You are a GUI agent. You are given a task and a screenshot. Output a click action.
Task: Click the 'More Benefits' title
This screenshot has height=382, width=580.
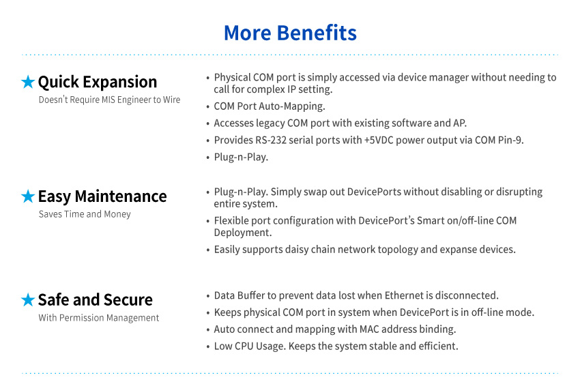[x=291, y=33]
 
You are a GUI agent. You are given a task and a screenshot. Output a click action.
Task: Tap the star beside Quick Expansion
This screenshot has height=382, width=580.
[x=28, y=82]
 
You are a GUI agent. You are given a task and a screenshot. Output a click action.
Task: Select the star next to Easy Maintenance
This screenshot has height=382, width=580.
[x=28, y=196]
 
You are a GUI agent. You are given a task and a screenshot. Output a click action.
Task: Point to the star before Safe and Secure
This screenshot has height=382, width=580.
[x=28, y=299]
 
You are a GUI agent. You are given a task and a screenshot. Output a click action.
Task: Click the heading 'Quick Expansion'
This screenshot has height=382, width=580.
[x=98, y=82]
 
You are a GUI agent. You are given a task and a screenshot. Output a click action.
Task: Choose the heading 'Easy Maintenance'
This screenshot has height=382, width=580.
[x=102, y=196]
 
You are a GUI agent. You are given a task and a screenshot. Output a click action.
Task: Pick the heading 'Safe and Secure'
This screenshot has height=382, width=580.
[x=96, y=299]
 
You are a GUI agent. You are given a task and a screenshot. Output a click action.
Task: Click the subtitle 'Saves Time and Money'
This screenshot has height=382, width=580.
[x=85, y=214]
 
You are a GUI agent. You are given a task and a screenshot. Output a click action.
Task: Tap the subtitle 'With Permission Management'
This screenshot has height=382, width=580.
[x=99, y=318]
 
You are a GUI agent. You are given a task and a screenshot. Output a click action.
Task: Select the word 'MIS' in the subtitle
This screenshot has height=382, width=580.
[x=108, y=100]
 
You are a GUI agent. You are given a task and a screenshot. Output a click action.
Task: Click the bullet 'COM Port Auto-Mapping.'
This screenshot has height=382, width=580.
[x=270, y=106]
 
